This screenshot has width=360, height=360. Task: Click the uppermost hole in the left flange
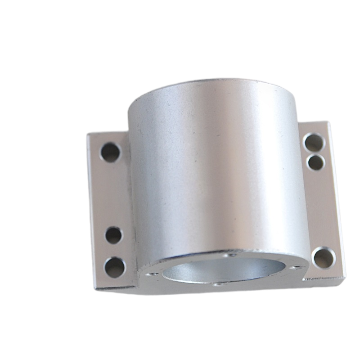pyautogui.click(x=110, y=152)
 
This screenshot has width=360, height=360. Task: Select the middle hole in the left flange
pyautogui.click(x=113, y=235)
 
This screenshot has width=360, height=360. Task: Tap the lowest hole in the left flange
pyautogui.click(x=115, y=267)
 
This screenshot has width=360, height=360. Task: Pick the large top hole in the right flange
pyautogui.click(x=314, y=143)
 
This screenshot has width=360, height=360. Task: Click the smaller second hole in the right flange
pyautogui.click(x=316, y=162)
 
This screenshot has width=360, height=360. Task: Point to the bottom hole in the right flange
pyautogui.click(x=324, y=258)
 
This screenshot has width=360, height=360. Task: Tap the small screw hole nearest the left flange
pyautogui.click(x=152, y=273)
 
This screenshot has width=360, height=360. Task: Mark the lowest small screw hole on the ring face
pyautogui.click(x=218, y=284)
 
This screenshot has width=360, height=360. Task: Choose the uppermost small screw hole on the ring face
pyautogui.click(x=232, y=255)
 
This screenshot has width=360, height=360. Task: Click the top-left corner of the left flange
pyautogui.click(x=88, y=134)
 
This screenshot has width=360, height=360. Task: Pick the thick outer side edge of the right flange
pyautogui.click(x=338, y=198)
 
